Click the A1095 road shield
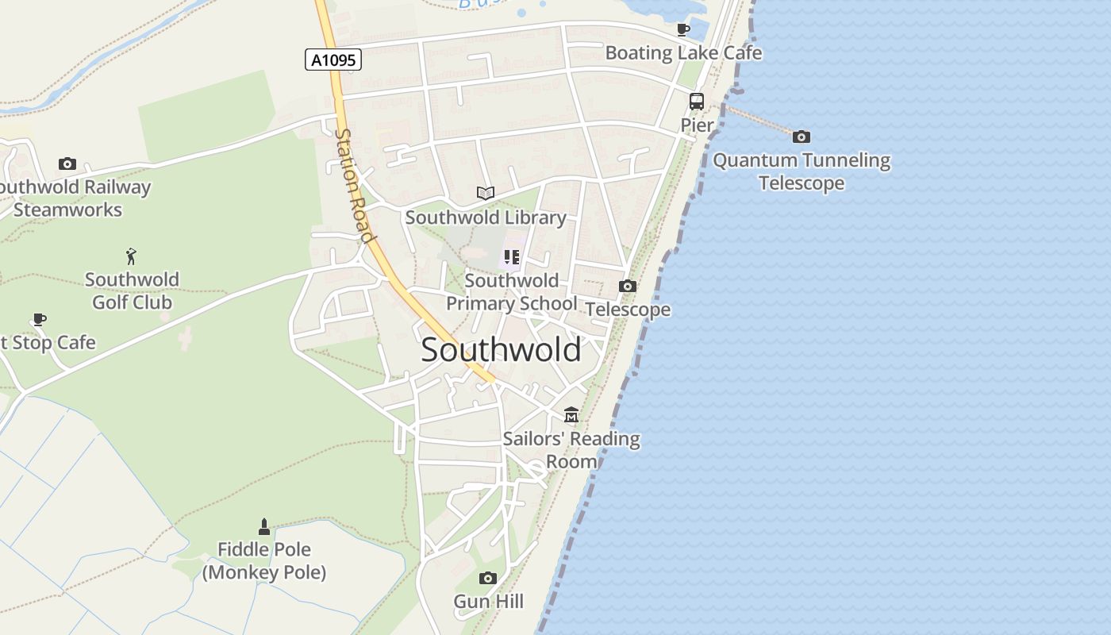(333, 60)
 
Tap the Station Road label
(354, 186)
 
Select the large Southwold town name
(501, 350)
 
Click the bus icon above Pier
(696, 102)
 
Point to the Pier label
(697, 125)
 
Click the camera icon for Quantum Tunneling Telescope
(802, 137)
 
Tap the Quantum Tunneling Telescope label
(802, 171)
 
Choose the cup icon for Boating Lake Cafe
(682, 30)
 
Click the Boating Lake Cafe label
(683, 53)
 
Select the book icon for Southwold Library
(486, 193)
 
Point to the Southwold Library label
(486, 217)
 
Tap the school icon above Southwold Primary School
(512, 256)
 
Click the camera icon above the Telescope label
(628, 286)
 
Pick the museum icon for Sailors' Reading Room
(571, 414)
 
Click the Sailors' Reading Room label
(571, 449)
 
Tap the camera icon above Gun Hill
(488, 578)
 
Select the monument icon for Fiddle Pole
(264, 526)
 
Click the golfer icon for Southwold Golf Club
(132, 256)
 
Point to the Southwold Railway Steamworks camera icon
(67, 164)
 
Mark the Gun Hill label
(488, 602)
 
